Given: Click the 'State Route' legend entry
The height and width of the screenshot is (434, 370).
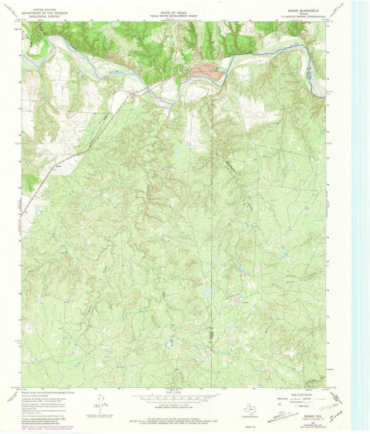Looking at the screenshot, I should pyautogui.click(x=303, y=406).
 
